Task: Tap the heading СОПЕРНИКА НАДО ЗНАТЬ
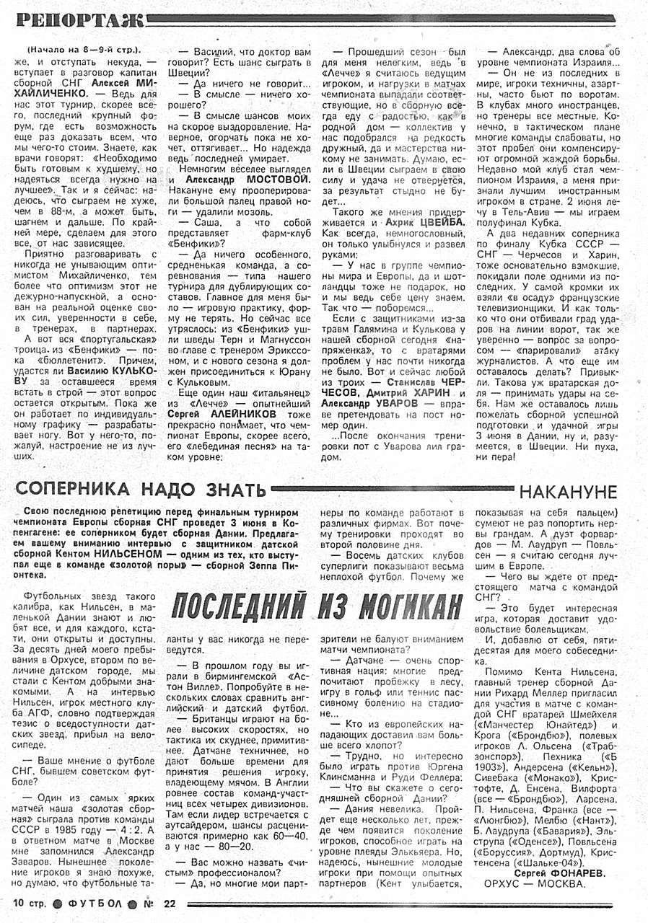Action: pos(141,490)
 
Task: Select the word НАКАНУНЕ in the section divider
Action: pos(568,492)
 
